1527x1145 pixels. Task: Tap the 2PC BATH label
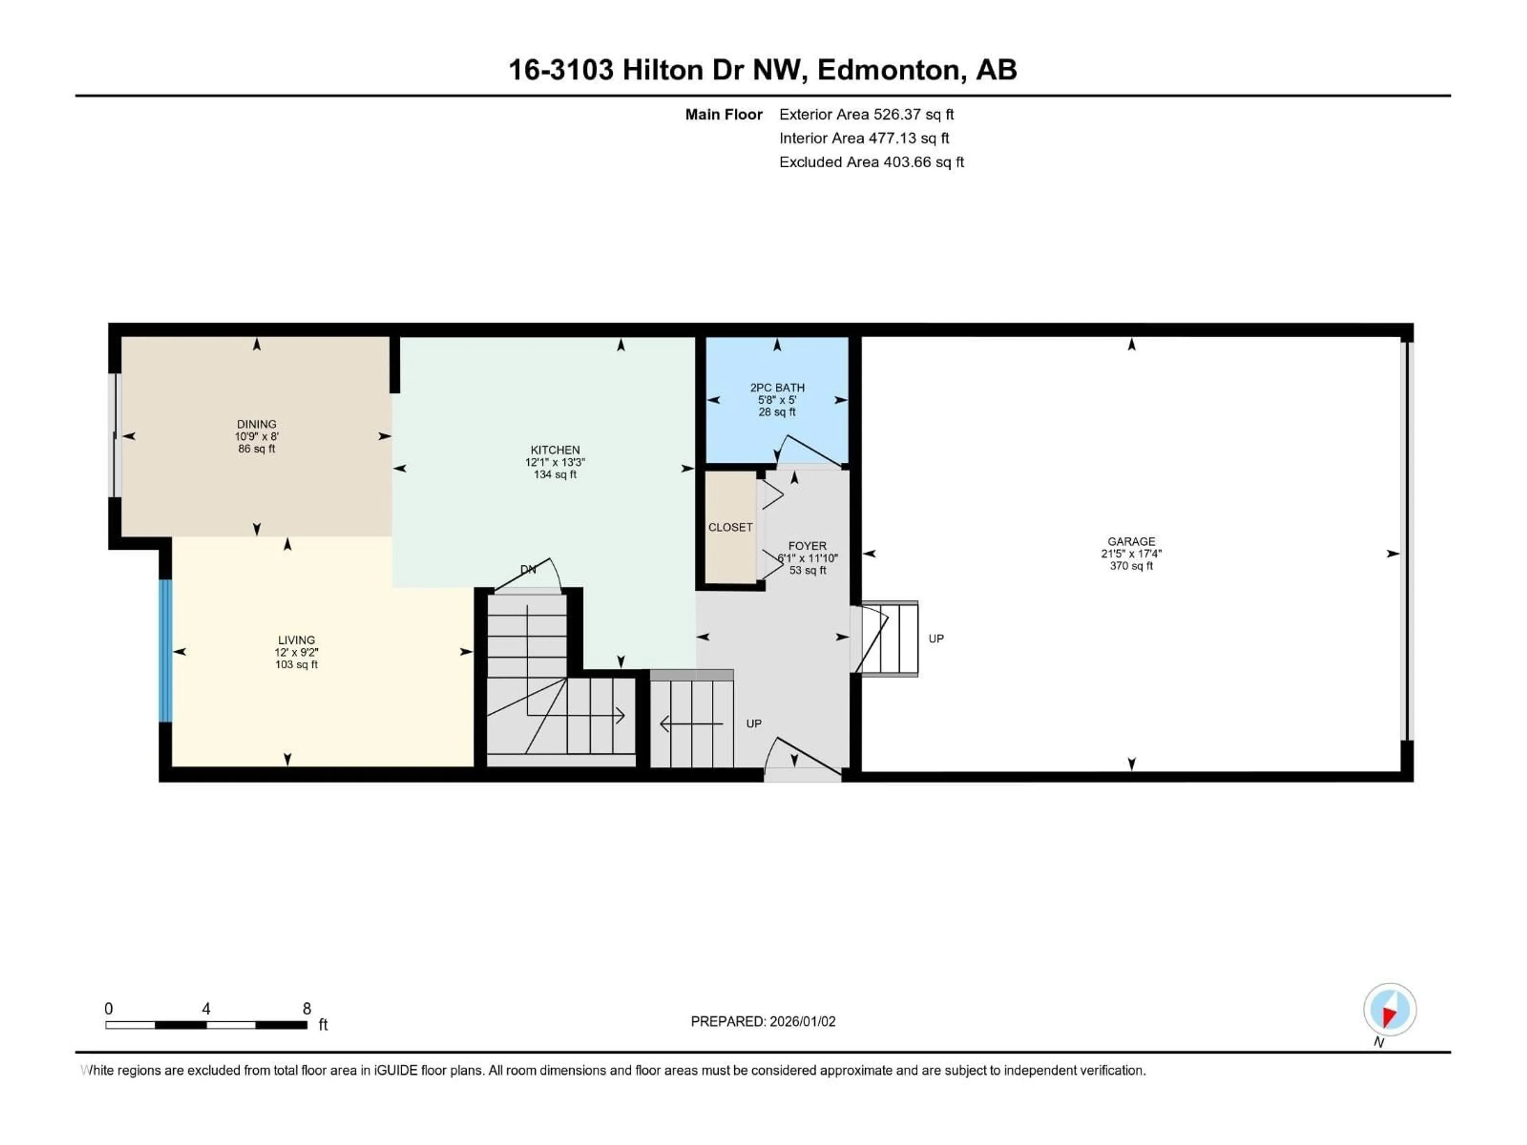pyautogui.click(x=777, y=388)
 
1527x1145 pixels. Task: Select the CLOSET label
pyautogui.click(x=730, y=527)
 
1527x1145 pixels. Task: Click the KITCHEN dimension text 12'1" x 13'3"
pyautogui.click(x=555, y=462)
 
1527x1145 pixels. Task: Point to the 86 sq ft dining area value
pyautogui.click(x=256, y=448)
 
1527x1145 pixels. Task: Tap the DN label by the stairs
pyautogui.click(x=528, y=569)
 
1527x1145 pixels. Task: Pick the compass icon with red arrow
pyautogui.click(x=1390, y=1010)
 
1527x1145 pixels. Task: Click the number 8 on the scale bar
pyautogui.click(x=307, y=1009)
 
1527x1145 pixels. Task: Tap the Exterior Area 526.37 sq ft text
pyautogui.click(x=866, y=114)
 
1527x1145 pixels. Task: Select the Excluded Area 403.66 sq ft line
pyautogui.click(x=871, y=162)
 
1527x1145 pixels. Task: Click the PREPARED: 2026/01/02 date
pyautogui.click(x=763, y=1021)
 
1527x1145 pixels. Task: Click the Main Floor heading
pyautogui.click(x=723, y=114)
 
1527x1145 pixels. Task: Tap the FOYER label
pyautogui.click(x=807, y=546)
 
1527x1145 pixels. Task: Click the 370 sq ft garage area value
pyautogui.click(x=1131, y=566)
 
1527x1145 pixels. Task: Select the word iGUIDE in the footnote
pyautogui.click(x=396, y=1071)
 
